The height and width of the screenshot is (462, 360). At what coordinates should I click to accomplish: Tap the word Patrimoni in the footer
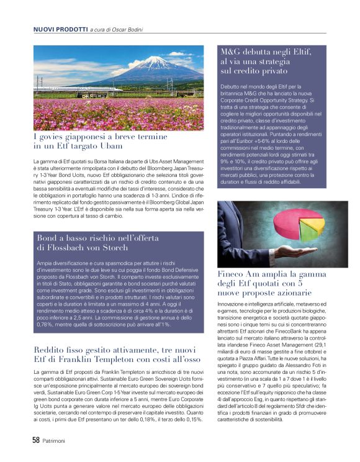point(58,440)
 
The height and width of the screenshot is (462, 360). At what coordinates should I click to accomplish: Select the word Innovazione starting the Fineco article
point(234,303)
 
